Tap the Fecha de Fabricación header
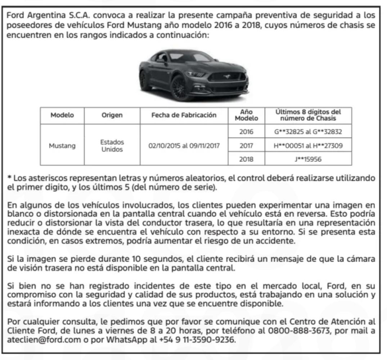tap(184, 115)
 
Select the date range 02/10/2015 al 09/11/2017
tap(184, 145)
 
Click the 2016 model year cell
tap(246, 132)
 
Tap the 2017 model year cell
tap(246, 145)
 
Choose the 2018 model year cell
tap(246, 159)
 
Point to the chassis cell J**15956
tap(308, 159)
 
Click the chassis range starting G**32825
tap(308, 132)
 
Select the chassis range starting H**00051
tap(308, 145)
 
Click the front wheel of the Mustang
tap(179, 87)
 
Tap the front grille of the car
tap(227, 77)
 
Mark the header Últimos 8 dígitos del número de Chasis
tap(308, 115)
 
